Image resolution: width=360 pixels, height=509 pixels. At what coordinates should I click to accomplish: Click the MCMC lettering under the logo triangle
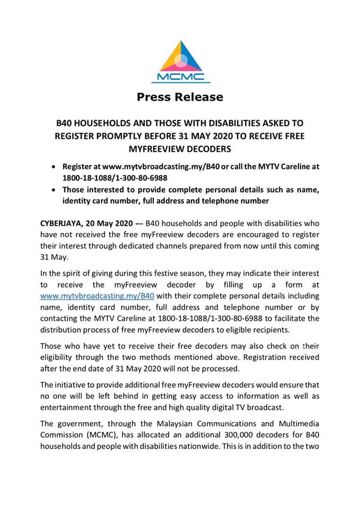[180, 77]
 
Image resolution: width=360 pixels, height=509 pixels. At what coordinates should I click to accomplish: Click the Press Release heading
[180, 97]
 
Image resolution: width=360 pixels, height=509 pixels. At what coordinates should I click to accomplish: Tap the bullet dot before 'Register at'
[54, 166]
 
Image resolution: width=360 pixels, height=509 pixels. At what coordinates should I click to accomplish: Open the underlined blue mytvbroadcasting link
[98, 296]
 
